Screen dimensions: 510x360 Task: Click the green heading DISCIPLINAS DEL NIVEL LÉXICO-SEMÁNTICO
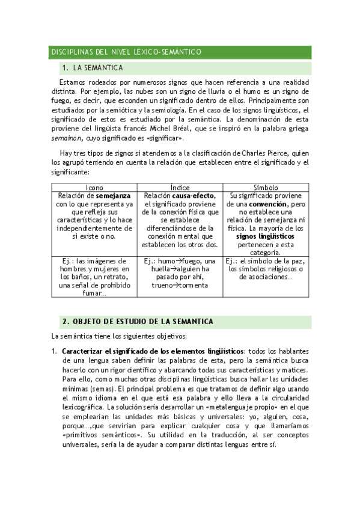tap(126, 53)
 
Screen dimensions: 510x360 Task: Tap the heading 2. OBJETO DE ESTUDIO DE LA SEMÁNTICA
tap(138, 322)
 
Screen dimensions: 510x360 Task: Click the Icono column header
tap(95, 188)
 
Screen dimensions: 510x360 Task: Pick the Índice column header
tap(180, 188)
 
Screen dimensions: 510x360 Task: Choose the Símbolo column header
tap(266, 188)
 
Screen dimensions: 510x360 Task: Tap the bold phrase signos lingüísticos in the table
tap(266, 237)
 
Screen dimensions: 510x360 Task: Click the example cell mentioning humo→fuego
tap(180, 269)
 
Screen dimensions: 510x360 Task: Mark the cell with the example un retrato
tap(95, 277)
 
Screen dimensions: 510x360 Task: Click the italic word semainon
tap(66, 138)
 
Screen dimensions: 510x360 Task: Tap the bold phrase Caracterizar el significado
tap(108, 351)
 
